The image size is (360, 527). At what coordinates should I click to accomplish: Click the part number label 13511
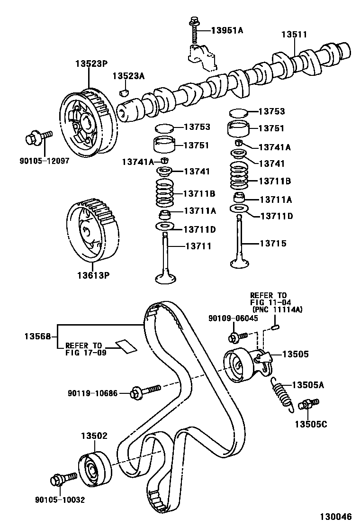294,35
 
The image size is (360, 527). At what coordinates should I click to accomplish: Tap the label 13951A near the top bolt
226,30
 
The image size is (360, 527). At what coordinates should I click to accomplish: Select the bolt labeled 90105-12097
36,139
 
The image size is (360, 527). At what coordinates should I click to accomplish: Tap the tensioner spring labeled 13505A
283,391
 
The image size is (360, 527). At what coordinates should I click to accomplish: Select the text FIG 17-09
85,352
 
